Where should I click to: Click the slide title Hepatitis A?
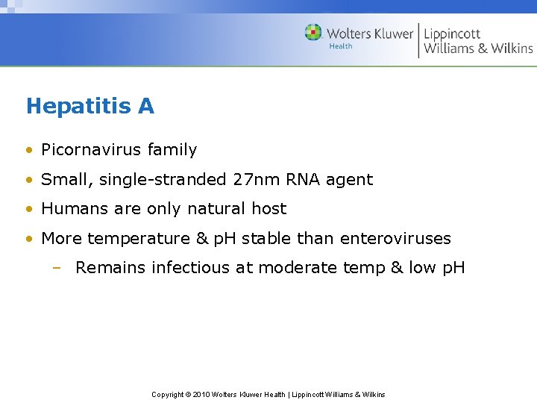point(89,107)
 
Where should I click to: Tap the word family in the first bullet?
point(172,150)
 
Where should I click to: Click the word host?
point(268,209)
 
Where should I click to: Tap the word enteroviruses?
point(395,239)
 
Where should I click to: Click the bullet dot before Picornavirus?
point(29,151)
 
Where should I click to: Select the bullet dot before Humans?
point(29,210)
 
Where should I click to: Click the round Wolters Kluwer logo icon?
point(313,33)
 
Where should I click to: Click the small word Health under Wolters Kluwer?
point(341,46)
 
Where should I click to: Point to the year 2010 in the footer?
point(201,394)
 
